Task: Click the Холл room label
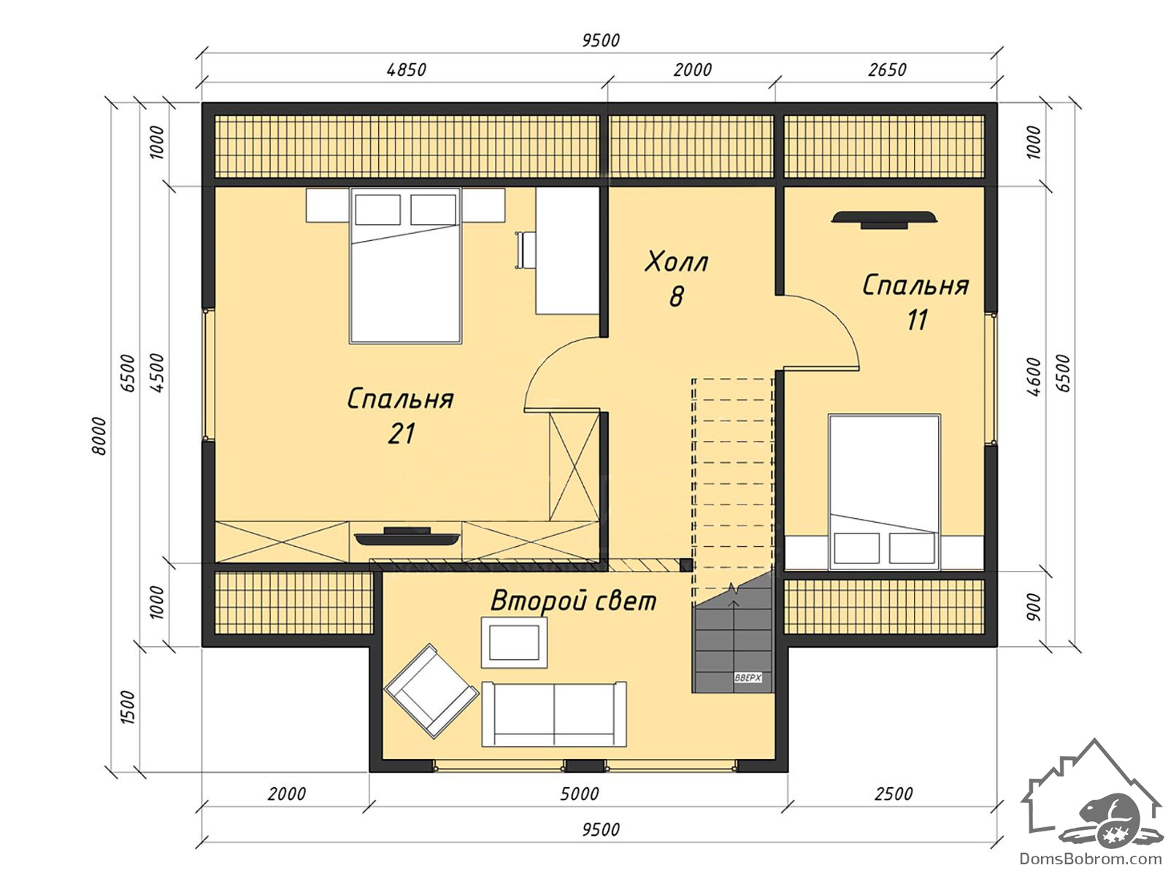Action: coord(676,262)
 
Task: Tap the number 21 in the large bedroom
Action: coord(401,434)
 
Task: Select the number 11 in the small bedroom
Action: coord(918,320)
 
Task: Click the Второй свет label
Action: coord(573,602)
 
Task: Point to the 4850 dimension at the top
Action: coord(407,69)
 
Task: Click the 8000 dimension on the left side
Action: coord(99,436)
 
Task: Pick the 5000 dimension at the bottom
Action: coord(580,794)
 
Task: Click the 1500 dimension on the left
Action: coord(128,707)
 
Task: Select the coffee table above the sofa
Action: coord(514,642)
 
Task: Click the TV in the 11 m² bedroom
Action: coord(884,219)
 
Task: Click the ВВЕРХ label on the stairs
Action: coord(748,678)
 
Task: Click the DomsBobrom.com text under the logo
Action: coord(1091,858)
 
